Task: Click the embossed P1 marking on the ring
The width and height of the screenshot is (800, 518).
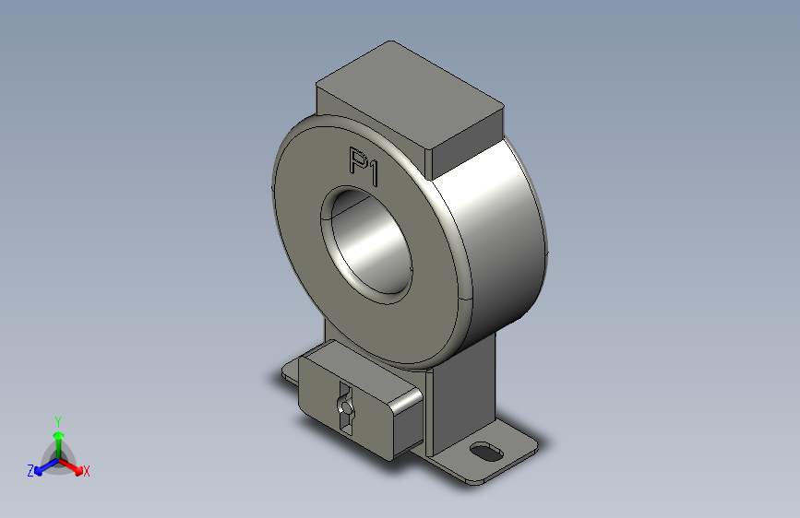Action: coord(364,167)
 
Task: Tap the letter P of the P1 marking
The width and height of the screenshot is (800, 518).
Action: coord(358,161)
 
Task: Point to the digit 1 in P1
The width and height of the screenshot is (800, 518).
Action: coord(374,173)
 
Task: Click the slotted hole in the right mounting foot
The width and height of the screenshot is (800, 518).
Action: coord(486,452)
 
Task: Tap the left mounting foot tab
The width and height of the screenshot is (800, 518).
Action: coord(290,372)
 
